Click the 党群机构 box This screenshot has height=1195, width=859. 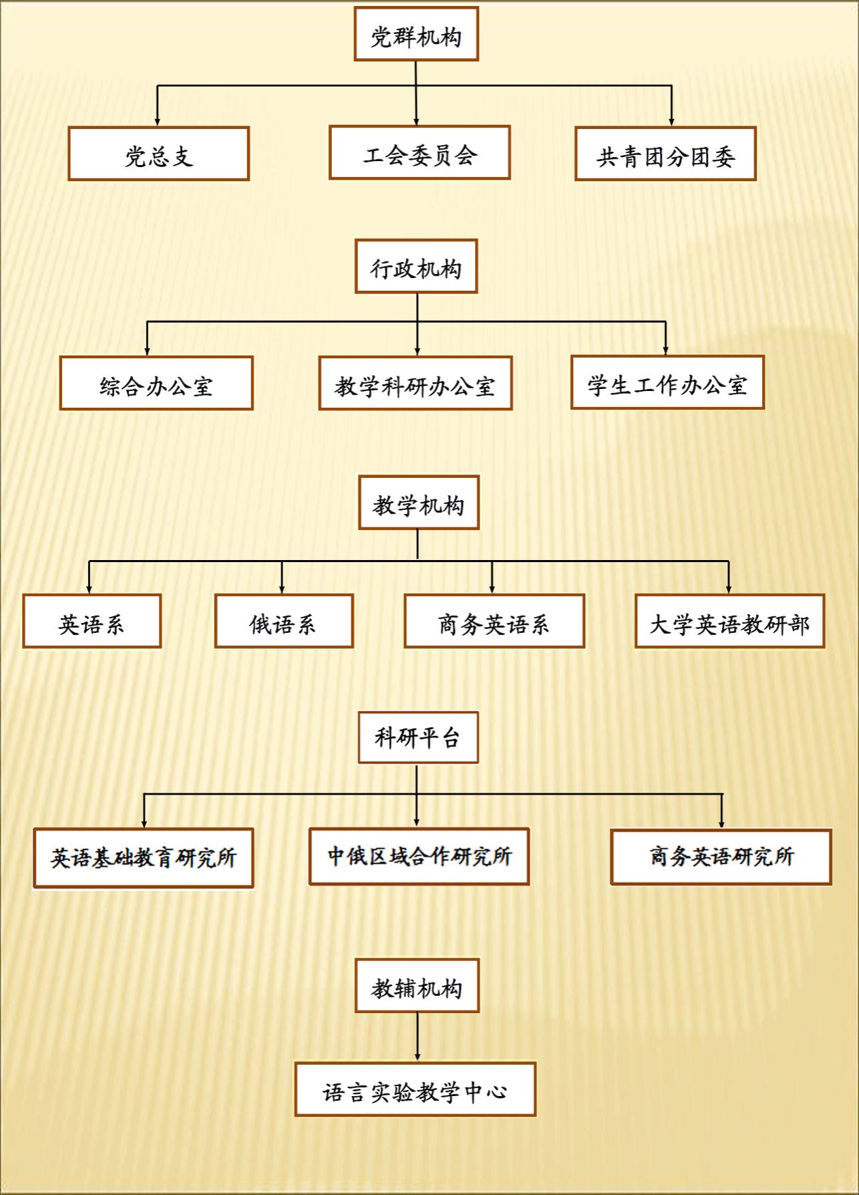(416, 34)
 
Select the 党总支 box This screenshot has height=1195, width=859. (159, 154)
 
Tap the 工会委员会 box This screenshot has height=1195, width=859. (419, 152)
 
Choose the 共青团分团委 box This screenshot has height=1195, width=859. (665, 154)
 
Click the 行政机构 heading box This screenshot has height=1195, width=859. (416, 266)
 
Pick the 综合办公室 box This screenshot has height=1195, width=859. (156, 383)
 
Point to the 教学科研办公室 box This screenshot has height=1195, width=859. (415, 383)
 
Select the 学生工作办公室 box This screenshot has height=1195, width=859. (667, 382)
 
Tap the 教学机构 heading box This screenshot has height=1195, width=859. (419, 503)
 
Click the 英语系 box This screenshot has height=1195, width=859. (92, 621)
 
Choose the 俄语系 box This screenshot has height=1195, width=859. (284, 621)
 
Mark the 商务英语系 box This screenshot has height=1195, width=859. (494, 621)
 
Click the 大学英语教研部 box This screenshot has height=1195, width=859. (729, 621)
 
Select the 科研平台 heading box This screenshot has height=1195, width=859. (418, 737)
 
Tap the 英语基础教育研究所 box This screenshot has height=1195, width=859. (144, 858)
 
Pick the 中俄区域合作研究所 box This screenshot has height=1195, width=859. (419, 856)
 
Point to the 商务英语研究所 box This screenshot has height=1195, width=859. (721, 857)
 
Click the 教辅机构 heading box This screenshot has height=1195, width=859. (417, 986)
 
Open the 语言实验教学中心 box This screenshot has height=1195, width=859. (415, 1089)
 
